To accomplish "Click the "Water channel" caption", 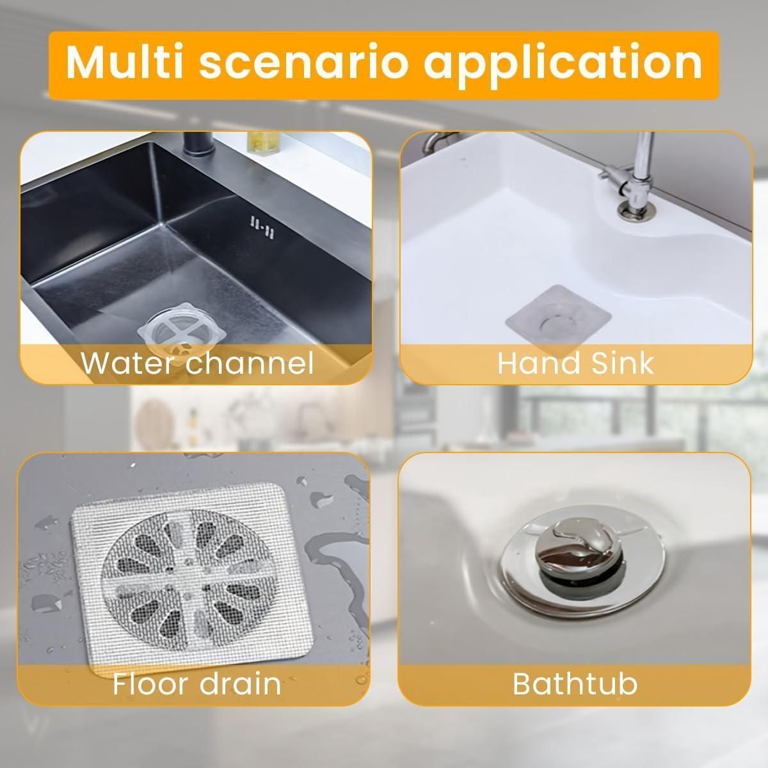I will [197, 363].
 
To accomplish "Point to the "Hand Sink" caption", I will [575, 363].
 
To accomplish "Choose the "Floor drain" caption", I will [196, 684].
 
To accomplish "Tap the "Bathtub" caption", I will [575, 684].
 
